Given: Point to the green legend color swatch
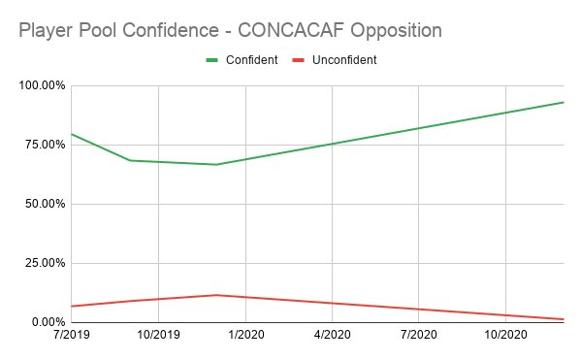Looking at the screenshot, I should (x=212, y=60).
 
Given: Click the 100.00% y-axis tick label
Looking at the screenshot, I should (x=40, y=85).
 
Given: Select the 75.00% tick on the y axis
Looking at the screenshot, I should (x=43, y=145).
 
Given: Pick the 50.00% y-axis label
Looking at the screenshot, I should (x=43, y=204).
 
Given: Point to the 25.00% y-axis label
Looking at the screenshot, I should (x=43, y=263).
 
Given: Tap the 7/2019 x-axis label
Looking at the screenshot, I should (x=72, y=335).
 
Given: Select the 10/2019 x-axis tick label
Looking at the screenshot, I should (x=158, y=335).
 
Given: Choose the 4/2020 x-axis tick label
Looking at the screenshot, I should (x=332, y=335).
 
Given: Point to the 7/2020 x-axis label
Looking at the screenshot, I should (x=418, y=335).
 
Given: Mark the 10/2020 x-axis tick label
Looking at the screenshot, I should (x=504, y=335).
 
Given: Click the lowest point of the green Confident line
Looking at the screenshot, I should (x=216, y=164).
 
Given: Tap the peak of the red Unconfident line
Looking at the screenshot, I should (x=216, y=295).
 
